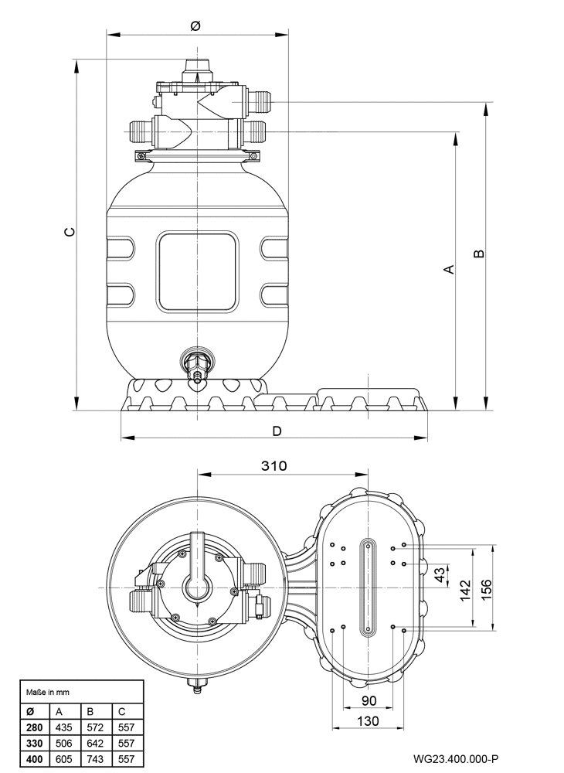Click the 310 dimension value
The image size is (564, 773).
coord(274,465)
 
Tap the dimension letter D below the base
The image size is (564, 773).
coord(277,431)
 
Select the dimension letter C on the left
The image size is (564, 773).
coord(70,231)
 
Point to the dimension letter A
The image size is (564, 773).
coord(449,269)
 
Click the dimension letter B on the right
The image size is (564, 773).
coord(478,254)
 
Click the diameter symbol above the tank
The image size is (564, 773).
coord(195,26)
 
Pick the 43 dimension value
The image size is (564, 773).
coord(440,574)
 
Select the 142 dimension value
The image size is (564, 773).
coord(465,590)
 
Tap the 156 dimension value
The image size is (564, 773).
coord(486,590)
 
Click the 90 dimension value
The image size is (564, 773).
coord(369,700)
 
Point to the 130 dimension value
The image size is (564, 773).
coord(368,721)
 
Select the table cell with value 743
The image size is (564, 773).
coord(95,759)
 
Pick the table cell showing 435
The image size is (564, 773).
coord(63,727)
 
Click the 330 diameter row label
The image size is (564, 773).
coord(35,743)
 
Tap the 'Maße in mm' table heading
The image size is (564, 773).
coord(48,692)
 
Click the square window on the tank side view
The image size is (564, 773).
coord(197,271)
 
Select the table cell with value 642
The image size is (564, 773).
coord(95,743)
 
